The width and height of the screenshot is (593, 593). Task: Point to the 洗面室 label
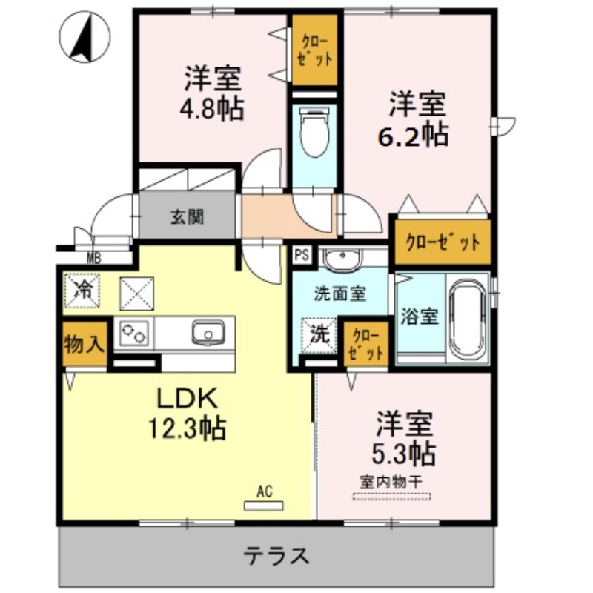tap(339, 294)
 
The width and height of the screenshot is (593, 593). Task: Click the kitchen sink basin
tap(208, 333)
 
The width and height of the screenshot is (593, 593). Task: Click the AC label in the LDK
tap(265, 491)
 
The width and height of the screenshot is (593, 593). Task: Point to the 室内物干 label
tap(391, 481)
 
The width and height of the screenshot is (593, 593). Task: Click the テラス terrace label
tap(276, 554)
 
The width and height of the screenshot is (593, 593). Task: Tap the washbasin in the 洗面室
tap(342, 259)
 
